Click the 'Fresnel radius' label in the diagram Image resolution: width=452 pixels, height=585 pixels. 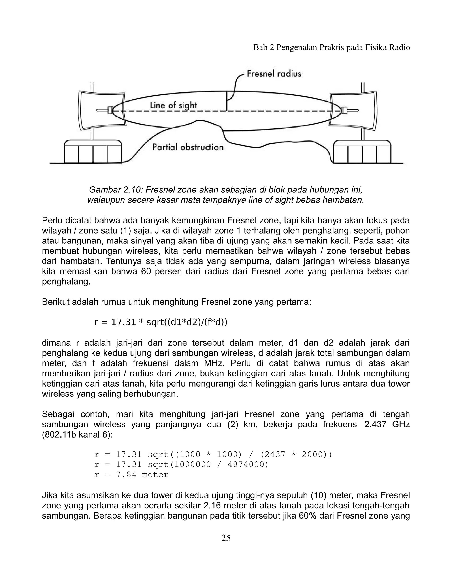pos(274,74)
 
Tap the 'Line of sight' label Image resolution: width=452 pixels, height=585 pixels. pos(173,106)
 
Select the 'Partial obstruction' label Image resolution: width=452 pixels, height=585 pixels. pos(188,147)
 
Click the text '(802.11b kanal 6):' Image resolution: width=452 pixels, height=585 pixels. pos(77,435)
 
